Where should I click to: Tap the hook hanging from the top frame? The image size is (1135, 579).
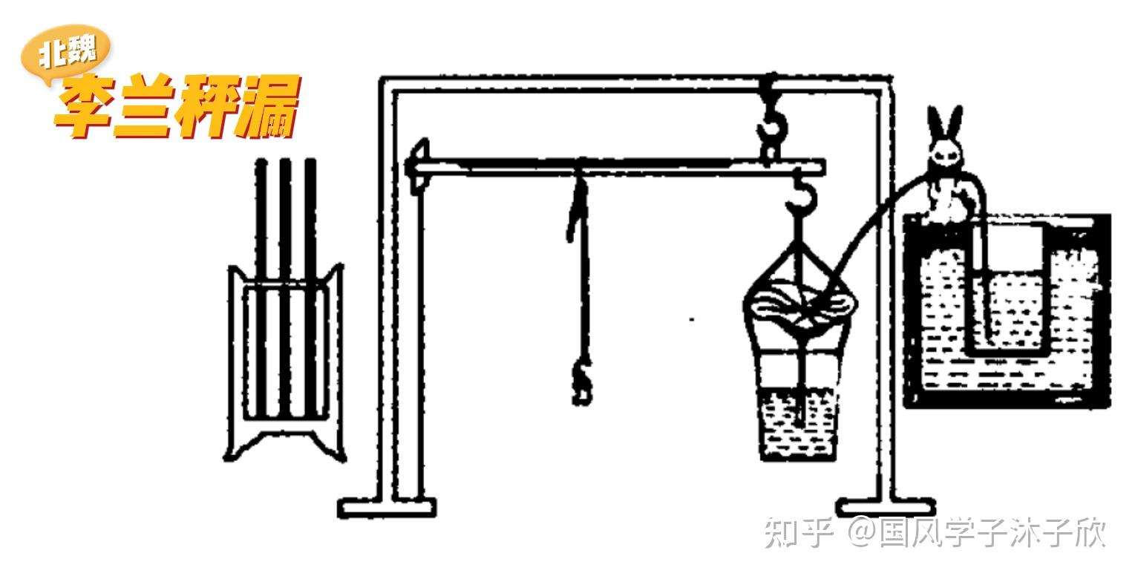771,122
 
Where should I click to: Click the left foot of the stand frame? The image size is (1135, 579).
386,508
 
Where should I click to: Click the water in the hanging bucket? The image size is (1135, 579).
799,423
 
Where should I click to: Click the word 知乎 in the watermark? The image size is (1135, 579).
797,533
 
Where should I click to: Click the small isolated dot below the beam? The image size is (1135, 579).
692,319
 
